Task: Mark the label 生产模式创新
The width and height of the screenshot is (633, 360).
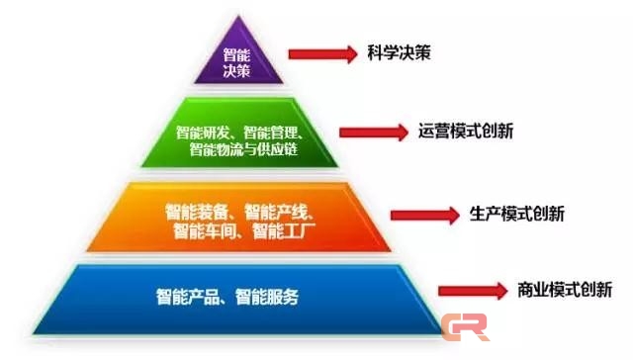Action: pyautogui.click(x=514, y=214)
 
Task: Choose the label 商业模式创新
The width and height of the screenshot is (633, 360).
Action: pyautogui.click(x=565, y=290)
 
